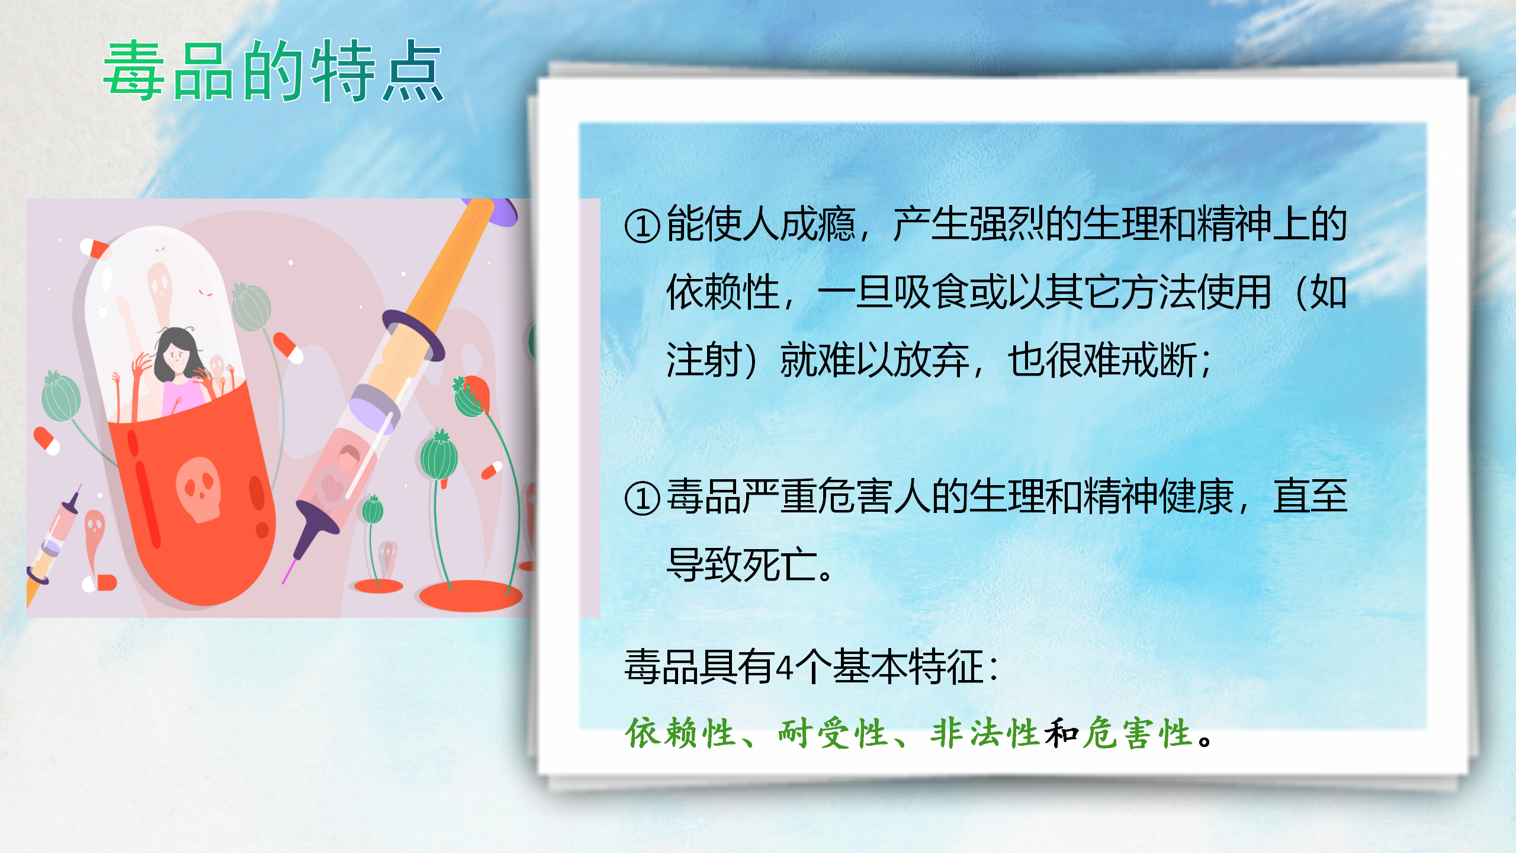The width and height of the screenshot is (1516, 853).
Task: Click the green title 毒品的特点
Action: click(274, 71)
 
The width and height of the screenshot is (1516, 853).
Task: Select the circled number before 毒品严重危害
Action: click(643, 498)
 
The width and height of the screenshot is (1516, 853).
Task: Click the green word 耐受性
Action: click(833, 733)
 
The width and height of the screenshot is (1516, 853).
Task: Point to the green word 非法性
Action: click(985, 733)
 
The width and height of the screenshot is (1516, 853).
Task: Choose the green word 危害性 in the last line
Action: click(1137, 733)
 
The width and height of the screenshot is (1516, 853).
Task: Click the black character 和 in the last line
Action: click(1061, 733)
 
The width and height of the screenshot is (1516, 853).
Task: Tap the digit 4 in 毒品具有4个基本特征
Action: click(785, 668)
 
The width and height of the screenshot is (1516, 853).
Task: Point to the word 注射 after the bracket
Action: click(704, 360)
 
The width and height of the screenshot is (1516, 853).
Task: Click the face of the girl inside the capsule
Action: click(176, 357)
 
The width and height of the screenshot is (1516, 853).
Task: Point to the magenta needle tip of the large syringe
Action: click(288, 572)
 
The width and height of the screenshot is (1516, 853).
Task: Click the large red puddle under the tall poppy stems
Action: click(471, 595)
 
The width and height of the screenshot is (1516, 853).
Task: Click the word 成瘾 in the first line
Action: click(818, 225)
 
